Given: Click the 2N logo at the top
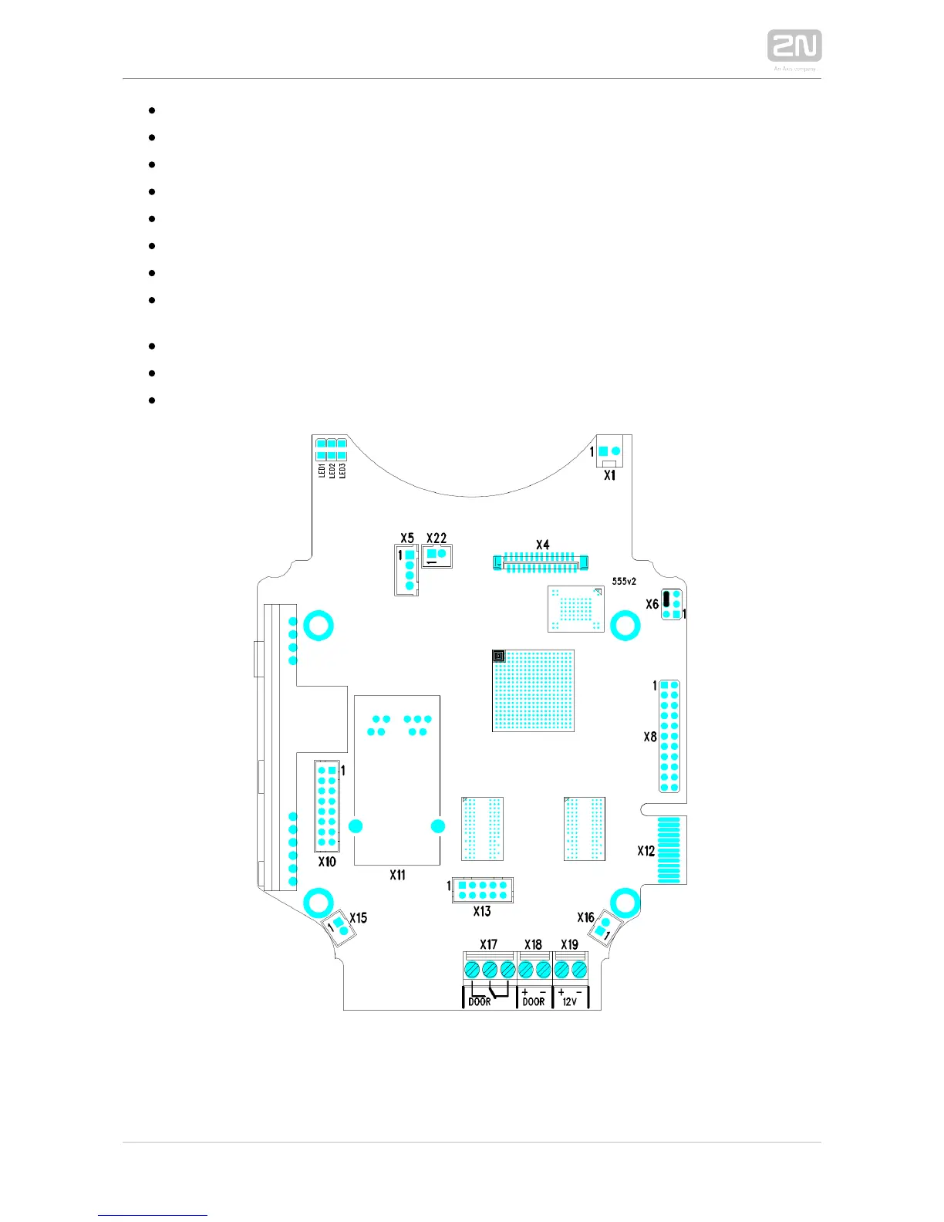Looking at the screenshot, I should pyautogui.click(x=794, y=46).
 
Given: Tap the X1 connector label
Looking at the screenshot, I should pyautogui.click(x=609, y=476).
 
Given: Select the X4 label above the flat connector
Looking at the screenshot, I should pyautogui.click(x=542, y=545).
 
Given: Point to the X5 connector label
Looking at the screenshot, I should pyautogui.click(x=406, y=538).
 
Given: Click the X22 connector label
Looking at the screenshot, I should pyautogui.click(x=437, y=538).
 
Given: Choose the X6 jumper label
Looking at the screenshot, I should pyautogui.click(x=652, y=604).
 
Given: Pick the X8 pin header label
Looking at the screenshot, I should pyautogui.click(x=650, y=737).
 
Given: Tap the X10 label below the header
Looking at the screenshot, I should pyautogui.click(x=327, y=861).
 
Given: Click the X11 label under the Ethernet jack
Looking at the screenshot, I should pyautogui.click(x=397, y=875).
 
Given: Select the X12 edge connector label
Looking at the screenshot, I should pyautogui.click(x=646, y=851).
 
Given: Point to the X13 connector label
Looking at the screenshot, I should pyautogui.click(x=482, y=911).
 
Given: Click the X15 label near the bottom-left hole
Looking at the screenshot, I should pyautogui.click(x=359, y=918).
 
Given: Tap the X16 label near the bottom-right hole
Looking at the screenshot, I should pyautogui.click(x=585, y=917).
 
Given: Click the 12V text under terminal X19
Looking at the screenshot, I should pyautogui.click(x=570, y=1001).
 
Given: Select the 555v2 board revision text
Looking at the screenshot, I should pyautogui.click(x=624, y=581).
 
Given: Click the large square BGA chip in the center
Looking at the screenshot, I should pyautogui.click(x=533, y=690).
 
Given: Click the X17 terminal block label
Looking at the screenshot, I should pyautogui.click(x=488, y=944).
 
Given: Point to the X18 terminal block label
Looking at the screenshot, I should pyautogui.click(x=533, y=944).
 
